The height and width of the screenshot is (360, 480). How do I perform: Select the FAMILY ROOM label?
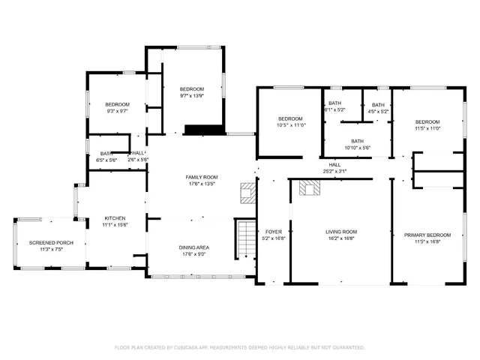coord(201,177)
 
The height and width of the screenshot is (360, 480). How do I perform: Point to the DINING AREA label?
coord(193,247)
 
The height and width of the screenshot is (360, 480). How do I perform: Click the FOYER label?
coord(273,232)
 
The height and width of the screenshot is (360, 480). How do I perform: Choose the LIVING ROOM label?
coord(340,232)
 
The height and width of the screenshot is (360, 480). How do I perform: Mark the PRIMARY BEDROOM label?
coord(425,235)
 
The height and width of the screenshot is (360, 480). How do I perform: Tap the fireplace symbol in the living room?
coord(308,187)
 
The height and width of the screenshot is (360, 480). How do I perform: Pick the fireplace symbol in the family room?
coord(247,193)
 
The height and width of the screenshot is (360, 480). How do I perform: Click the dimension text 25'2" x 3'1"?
coord(334,171)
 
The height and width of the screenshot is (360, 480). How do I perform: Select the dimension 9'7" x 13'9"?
coord(192,96)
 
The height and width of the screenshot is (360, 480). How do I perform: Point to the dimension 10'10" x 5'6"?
coord(357,148)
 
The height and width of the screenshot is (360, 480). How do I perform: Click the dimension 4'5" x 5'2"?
coord(378,111)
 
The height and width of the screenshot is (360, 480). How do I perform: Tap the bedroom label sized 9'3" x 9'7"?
coord(117,104)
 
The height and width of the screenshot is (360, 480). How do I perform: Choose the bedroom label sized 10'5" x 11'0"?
coord(290,119)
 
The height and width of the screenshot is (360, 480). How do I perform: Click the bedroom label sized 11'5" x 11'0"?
coord(427,121)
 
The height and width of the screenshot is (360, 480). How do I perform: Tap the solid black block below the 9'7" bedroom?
coord(204,130)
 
